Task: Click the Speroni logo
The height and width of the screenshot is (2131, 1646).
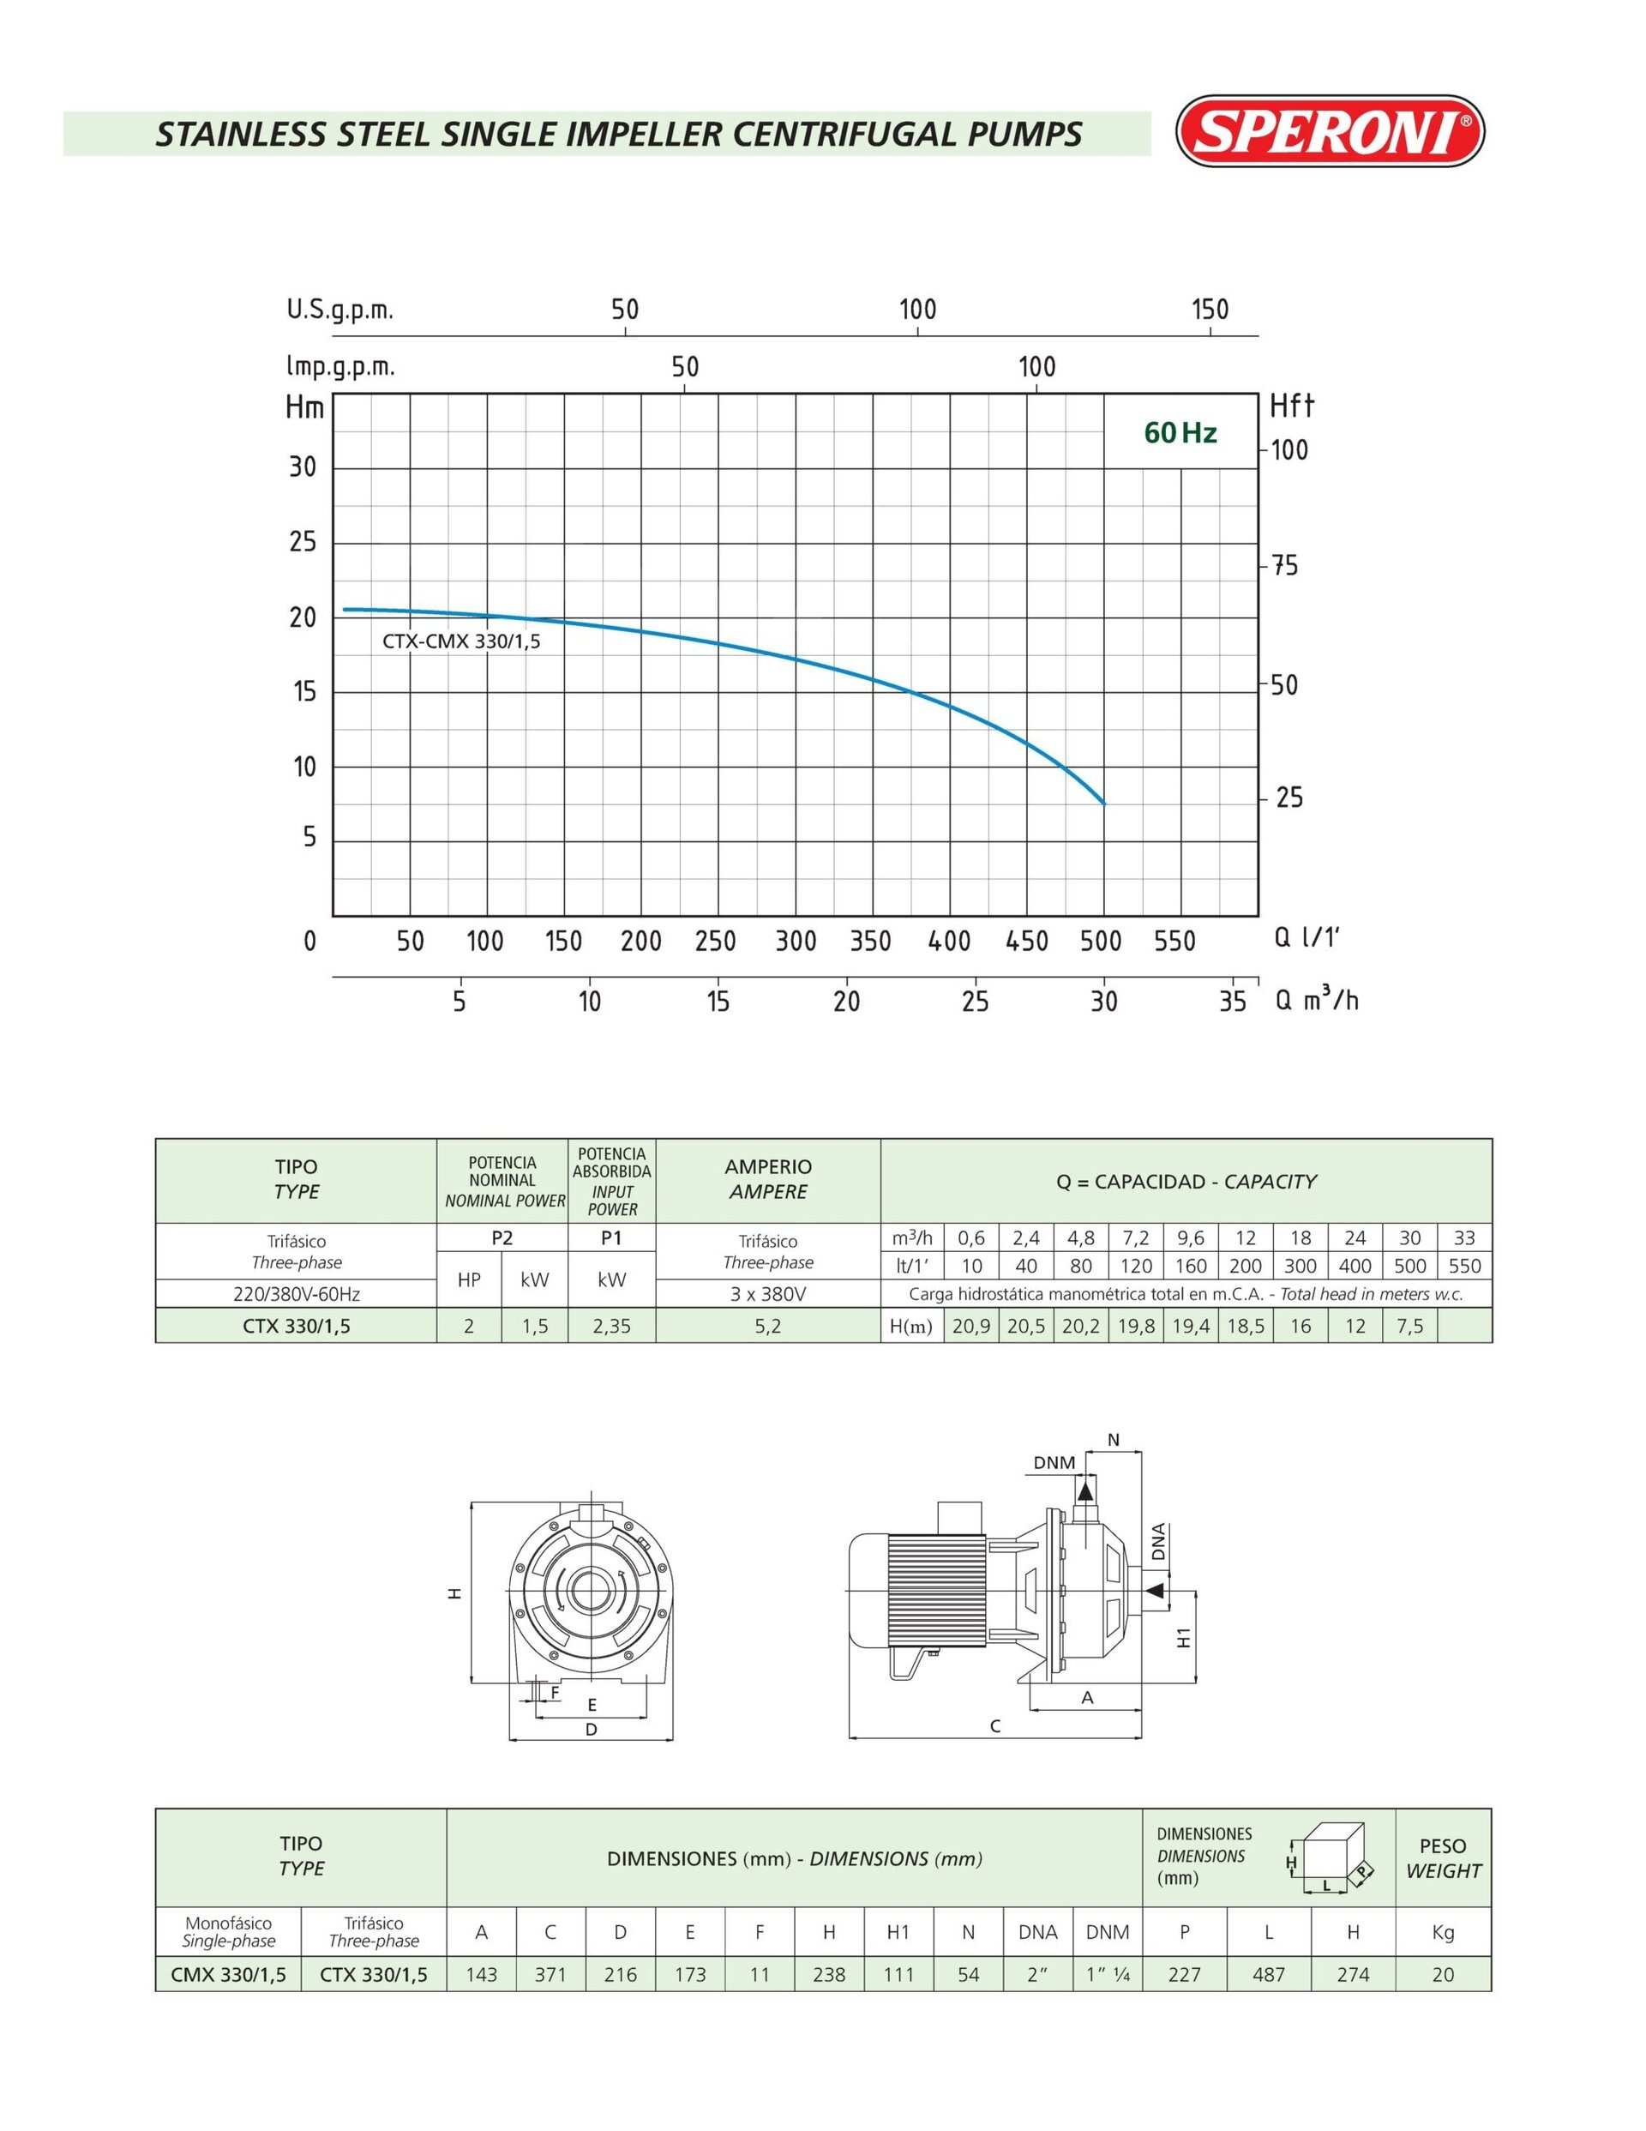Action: click(x=1330, y=130)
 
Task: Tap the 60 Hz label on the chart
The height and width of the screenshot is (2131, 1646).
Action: click(x=1180, y=432)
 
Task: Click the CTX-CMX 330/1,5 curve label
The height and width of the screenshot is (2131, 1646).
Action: click(x=460, y=641)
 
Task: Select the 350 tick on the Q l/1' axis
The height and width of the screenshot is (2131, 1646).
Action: click(x=870, y=941)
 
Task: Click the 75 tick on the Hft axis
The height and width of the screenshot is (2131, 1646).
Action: click(x=1285, y=566)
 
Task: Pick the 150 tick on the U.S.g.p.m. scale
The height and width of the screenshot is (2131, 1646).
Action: click(x=1210, y=310)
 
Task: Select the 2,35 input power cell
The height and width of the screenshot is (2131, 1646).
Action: click(x=612, y=1326)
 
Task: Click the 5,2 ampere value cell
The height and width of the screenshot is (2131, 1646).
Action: click(x=768, y=1326)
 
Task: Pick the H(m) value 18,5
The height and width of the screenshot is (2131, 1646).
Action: click(x=1246, y=1326)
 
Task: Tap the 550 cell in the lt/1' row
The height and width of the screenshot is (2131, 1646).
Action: click(x=1464, y=1266)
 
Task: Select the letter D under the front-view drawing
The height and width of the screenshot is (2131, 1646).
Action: click(x=592, y=1729)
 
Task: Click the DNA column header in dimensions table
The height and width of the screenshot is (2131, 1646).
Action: click(x=1038, y=1932)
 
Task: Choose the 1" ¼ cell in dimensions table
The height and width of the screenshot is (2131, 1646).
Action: click(x=1108, y=1974)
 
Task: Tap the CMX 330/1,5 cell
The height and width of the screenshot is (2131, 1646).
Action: click(x=228, y=1974)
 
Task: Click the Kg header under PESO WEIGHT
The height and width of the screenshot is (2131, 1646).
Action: click(x=1443, y=1932)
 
